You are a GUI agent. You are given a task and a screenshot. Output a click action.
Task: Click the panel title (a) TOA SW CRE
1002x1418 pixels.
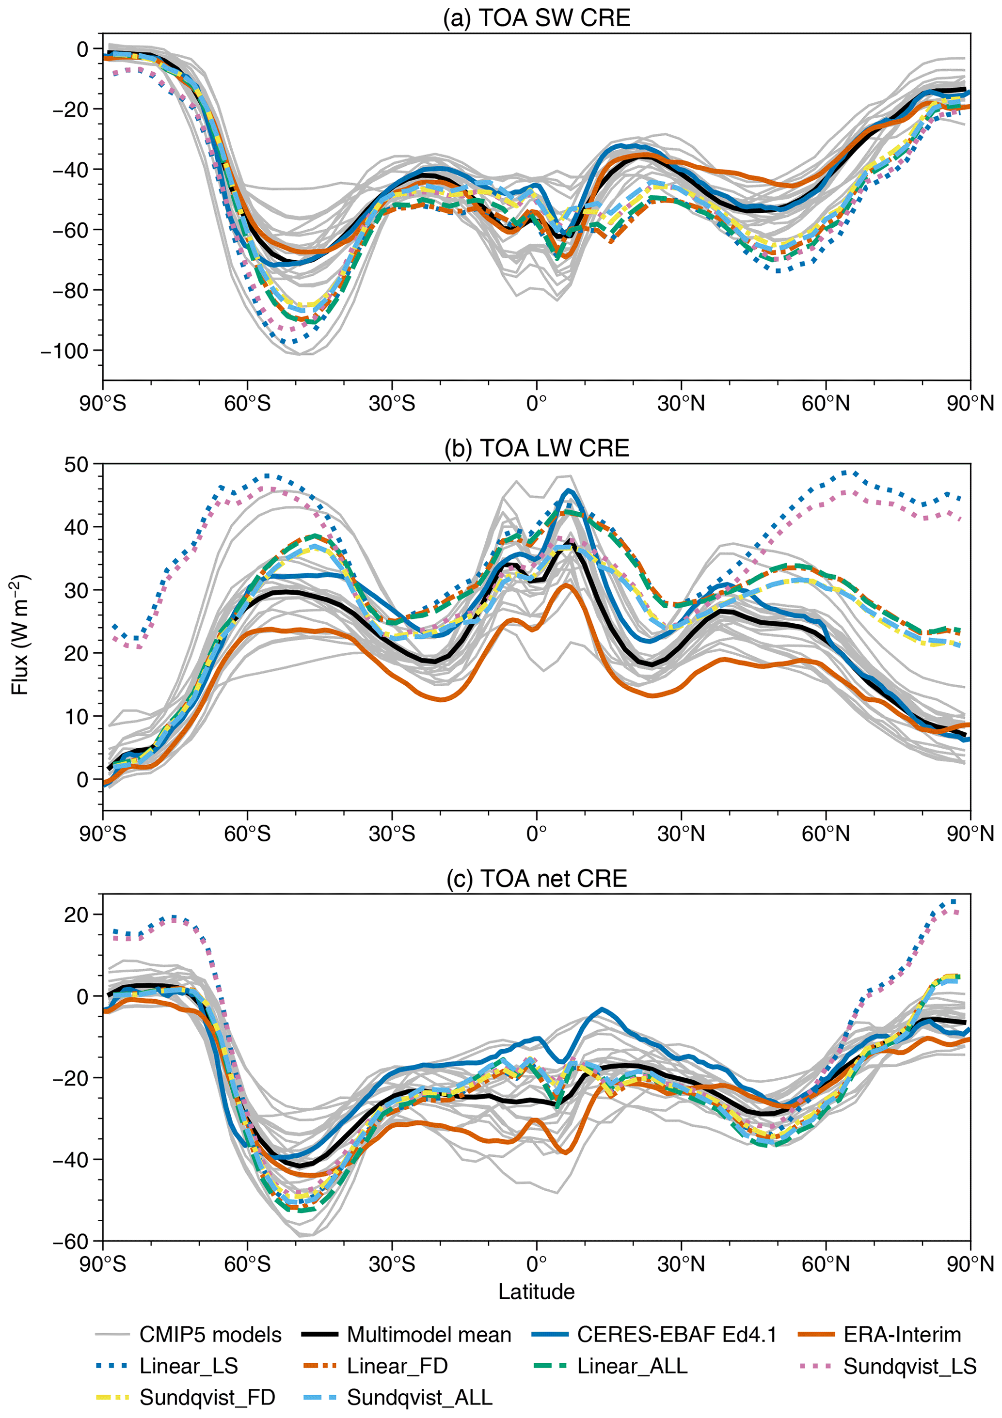click(536, 17)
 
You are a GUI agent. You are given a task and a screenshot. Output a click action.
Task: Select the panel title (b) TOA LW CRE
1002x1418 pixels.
click(536, 448)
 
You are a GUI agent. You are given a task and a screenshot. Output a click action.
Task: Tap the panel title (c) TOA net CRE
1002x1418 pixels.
click(536, 878)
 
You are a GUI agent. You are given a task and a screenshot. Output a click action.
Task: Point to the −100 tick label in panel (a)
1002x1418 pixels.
click(64, 351)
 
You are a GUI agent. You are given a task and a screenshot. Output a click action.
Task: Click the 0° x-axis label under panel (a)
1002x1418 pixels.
click(536, 404)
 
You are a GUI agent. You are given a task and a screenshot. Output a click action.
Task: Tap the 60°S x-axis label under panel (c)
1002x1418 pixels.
click(247, 1264)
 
